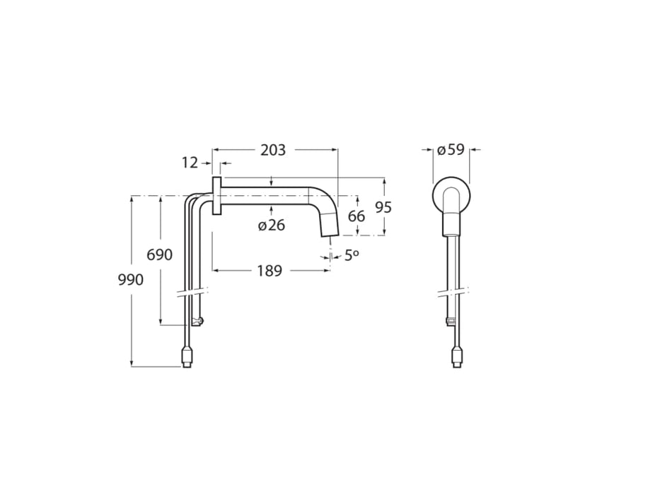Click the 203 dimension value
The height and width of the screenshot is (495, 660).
click(273, 150)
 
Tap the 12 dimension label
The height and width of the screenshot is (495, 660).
click(190, 163)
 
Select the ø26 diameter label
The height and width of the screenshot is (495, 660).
click(272, 226)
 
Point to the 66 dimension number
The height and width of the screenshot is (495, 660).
click(357, 216)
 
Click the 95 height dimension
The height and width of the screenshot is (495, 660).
click(383, 207)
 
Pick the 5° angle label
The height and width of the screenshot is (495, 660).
click(352, 255)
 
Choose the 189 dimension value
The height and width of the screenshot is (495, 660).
click(270, 270)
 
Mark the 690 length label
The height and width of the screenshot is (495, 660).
click(159, 255)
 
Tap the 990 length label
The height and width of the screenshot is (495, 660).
click(131, 279)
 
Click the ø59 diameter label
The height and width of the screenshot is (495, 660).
click(451, 150)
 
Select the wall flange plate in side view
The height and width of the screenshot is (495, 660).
click(217, 195)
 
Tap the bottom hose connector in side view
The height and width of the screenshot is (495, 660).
click(187, 356)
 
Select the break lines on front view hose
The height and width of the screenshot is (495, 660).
click(453, 291)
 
